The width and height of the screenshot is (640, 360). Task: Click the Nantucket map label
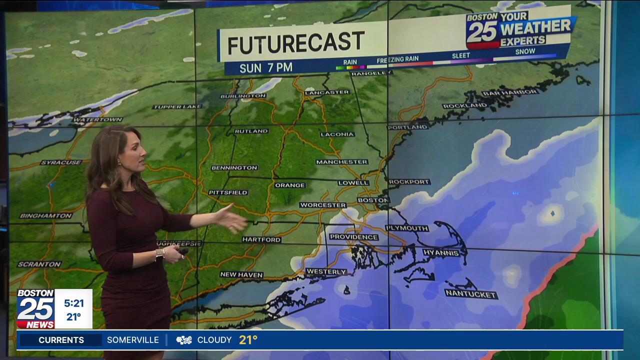(x=471, y=294)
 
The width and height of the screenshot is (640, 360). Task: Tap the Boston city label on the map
(x=373, y=200)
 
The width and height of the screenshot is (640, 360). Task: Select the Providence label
(x=353, y=237)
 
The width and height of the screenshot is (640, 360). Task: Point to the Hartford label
(x=261, y=239)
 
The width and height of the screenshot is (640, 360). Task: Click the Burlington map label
(x=243, y=96)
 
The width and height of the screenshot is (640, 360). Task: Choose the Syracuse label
(x=61, y=162)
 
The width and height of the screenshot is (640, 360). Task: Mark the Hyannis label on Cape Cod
(x=441, y=253)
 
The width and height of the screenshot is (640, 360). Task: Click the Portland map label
(x=408, y=127)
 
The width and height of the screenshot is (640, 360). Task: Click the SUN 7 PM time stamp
(x=266, y=68)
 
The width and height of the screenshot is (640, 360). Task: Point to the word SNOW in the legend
(x=525, y=51)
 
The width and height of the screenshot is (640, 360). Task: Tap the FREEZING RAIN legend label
(x=397, y=59)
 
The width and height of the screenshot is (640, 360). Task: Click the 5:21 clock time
(x=73, y=303)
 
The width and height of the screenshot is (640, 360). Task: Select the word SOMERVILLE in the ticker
(x=133, y=340)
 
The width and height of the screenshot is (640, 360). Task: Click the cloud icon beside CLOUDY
(x=184, y=340)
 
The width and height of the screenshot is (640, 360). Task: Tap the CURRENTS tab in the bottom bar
(x=61, y=340)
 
